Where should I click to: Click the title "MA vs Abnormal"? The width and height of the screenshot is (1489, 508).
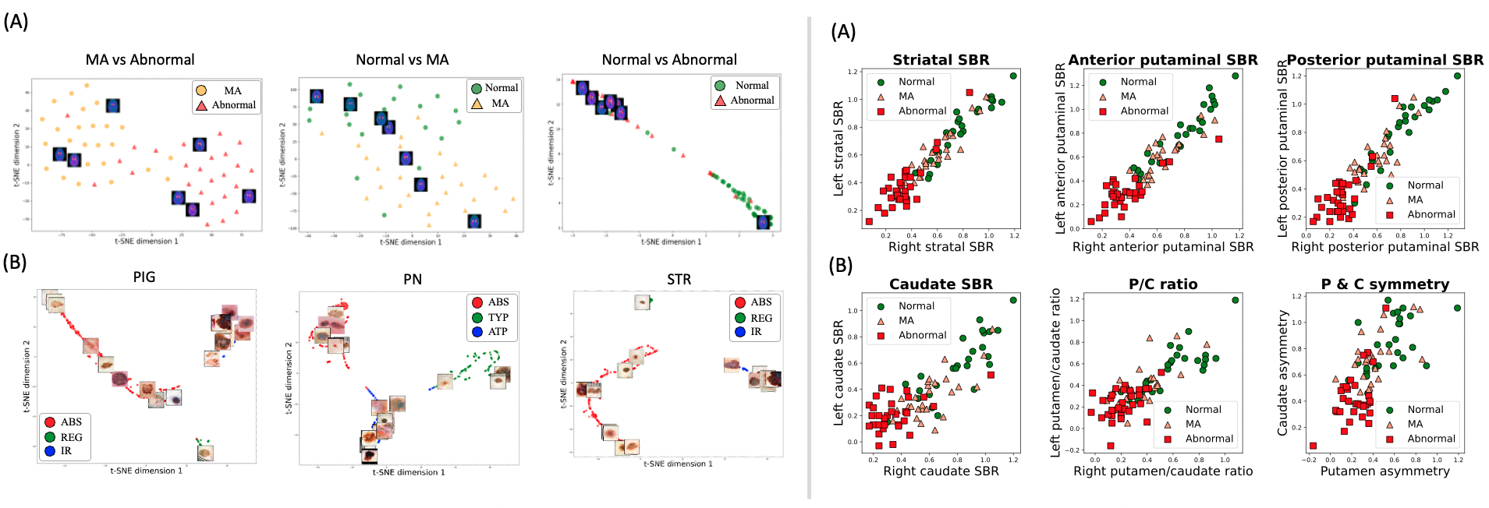coord(140,60)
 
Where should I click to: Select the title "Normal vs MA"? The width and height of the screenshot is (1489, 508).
coord(402,60)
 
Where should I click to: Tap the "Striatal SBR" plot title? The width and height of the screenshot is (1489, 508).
coord(941,60)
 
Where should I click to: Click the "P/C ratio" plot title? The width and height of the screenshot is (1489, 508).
coord(1162,284)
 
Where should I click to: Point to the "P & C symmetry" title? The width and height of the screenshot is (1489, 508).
coord(1384,284)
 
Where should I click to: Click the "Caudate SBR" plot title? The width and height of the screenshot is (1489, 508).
coord(941,284)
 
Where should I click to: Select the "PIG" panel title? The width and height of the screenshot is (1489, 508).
coord(144,277)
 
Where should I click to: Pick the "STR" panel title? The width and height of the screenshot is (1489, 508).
coord(679,279)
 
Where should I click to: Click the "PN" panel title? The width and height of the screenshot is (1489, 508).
coord(412,279)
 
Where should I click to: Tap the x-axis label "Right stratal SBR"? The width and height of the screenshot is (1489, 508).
coord(941,247)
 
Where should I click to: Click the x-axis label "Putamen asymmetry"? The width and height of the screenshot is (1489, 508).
coord(1384,471)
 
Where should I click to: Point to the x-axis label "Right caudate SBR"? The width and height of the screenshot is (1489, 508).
coord(941,471)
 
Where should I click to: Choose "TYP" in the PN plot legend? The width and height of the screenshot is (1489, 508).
coord(498,317)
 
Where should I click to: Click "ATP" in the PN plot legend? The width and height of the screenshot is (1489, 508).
coord(498,331)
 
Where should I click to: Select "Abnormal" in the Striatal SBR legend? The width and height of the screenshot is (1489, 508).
coord(922,111)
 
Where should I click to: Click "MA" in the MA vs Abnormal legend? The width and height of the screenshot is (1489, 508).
coord(232,90)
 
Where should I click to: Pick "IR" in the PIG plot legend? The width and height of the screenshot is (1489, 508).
coord(66,450)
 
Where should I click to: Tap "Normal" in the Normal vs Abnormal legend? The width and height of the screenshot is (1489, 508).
coord(751,86)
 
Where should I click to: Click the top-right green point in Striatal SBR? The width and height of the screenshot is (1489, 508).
coord(1013,76)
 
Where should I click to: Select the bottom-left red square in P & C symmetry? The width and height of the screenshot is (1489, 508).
coord(1313,446)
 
